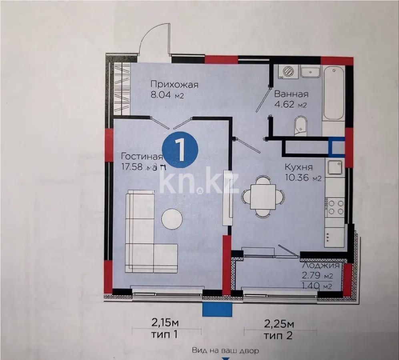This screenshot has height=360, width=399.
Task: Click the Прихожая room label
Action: point(174,84)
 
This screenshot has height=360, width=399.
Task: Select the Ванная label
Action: point(291,94)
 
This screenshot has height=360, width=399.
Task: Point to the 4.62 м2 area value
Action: point(290,106)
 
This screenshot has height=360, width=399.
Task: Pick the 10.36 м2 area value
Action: point(303,178)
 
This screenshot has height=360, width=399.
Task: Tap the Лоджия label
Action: point(321,266)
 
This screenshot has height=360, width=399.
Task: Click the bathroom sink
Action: point(310,72)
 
